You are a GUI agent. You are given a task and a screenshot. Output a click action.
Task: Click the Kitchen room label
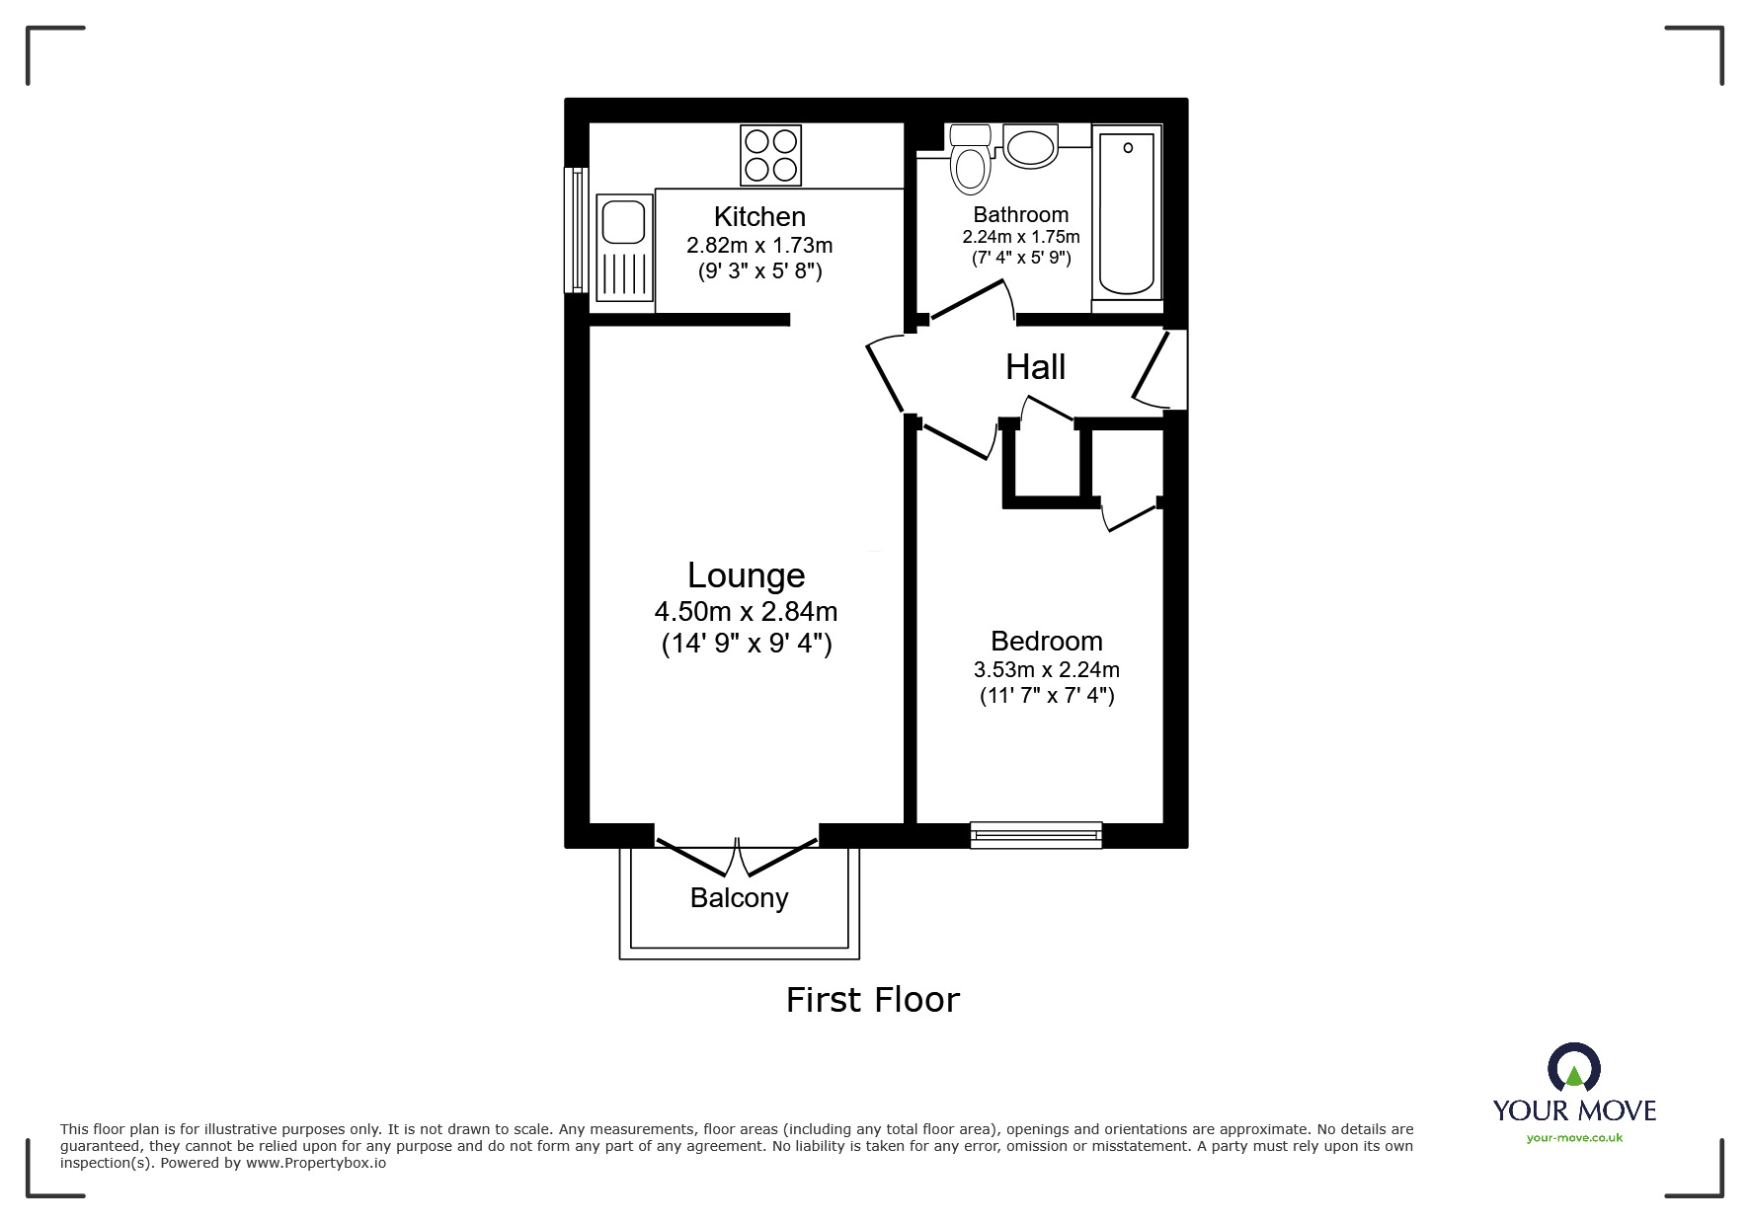point(759,217)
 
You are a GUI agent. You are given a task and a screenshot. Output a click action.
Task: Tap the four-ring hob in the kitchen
point(770,155)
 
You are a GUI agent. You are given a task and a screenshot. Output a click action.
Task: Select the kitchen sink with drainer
point(624,247)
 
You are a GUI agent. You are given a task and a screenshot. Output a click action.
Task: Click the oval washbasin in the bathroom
point(1031,146)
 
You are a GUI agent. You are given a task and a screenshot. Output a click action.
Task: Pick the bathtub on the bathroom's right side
point(1127,212)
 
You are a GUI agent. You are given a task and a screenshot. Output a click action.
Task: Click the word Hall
point(1035,367)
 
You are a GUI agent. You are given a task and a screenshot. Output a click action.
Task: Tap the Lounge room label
point(746,575)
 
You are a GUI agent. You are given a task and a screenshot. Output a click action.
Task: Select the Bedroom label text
point(1046,642)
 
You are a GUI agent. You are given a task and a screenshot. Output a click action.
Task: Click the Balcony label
point(739,898)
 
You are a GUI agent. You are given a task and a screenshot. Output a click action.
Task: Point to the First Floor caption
point(873,1000)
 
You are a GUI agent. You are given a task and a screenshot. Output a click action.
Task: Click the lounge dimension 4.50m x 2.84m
point(746,612)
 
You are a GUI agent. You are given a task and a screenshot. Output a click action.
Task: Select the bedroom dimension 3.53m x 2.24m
point(1046,670)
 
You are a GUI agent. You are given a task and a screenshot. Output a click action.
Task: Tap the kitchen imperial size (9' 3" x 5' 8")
point(759,270)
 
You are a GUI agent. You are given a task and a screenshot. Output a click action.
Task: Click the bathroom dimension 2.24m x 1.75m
point(1021,237)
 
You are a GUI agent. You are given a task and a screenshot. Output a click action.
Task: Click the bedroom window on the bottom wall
point(1036,835)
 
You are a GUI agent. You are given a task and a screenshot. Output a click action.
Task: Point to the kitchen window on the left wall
point(576,230)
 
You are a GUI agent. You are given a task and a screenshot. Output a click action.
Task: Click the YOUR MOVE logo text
point(1574,1110)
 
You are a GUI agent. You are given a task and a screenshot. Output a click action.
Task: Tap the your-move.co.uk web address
point(1574,1138)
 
